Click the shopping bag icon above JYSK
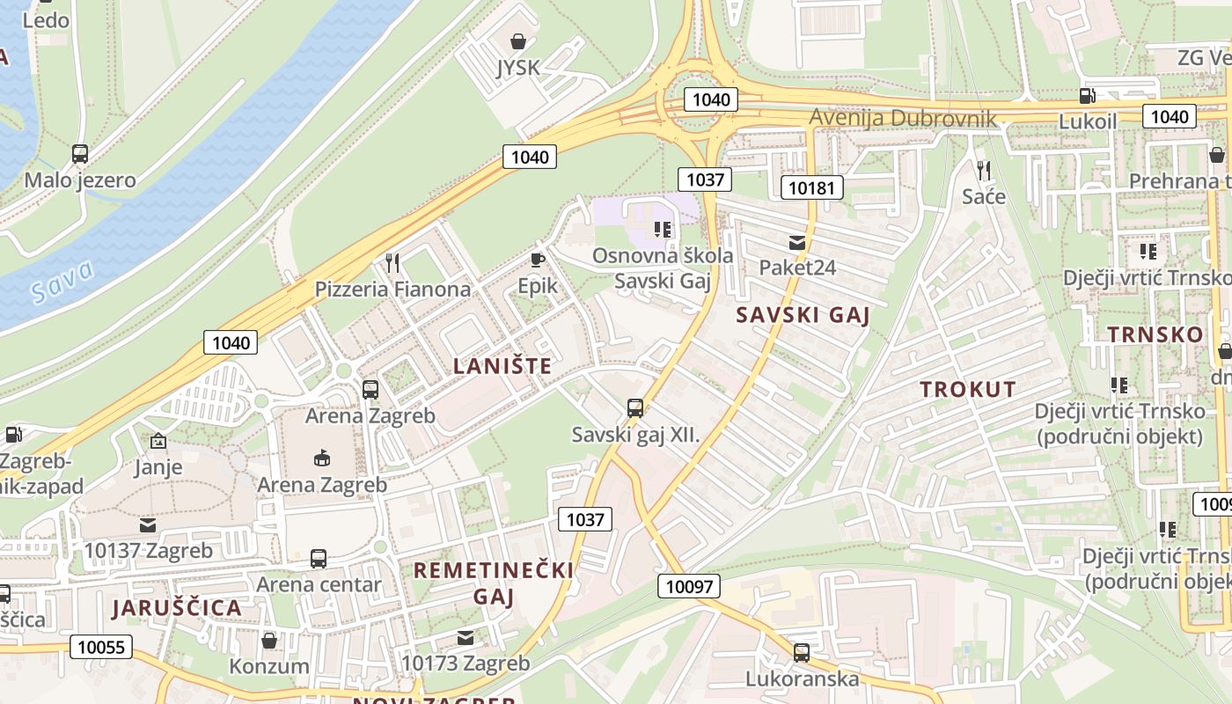click(518, 40)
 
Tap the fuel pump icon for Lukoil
click(1088, 95)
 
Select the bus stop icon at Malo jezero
click(80, 154)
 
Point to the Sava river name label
click(62, 282)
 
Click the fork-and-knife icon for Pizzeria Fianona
click(392, 262)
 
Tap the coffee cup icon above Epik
click(537, 260)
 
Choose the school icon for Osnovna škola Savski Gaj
click(663, 230)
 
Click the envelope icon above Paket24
click(796, 242)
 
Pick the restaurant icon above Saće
click(983, 170)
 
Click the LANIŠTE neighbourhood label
click(502, 366)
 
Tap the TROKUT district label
click(968, 389)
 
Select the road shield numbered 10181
click(812, 187)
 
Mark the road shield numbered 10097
click(688, 586)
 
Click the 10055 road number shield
click(101, 648)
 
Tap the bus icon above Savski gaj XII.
click(634, 408)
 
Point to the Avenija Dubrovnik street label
click(902, 118)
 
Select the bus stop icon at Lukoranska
click(801, 653)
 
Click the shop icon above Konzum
click(268, 640)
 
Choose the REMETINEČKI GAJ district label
click(494, 583)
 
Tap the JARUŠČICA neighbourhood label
click(176, 607)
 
